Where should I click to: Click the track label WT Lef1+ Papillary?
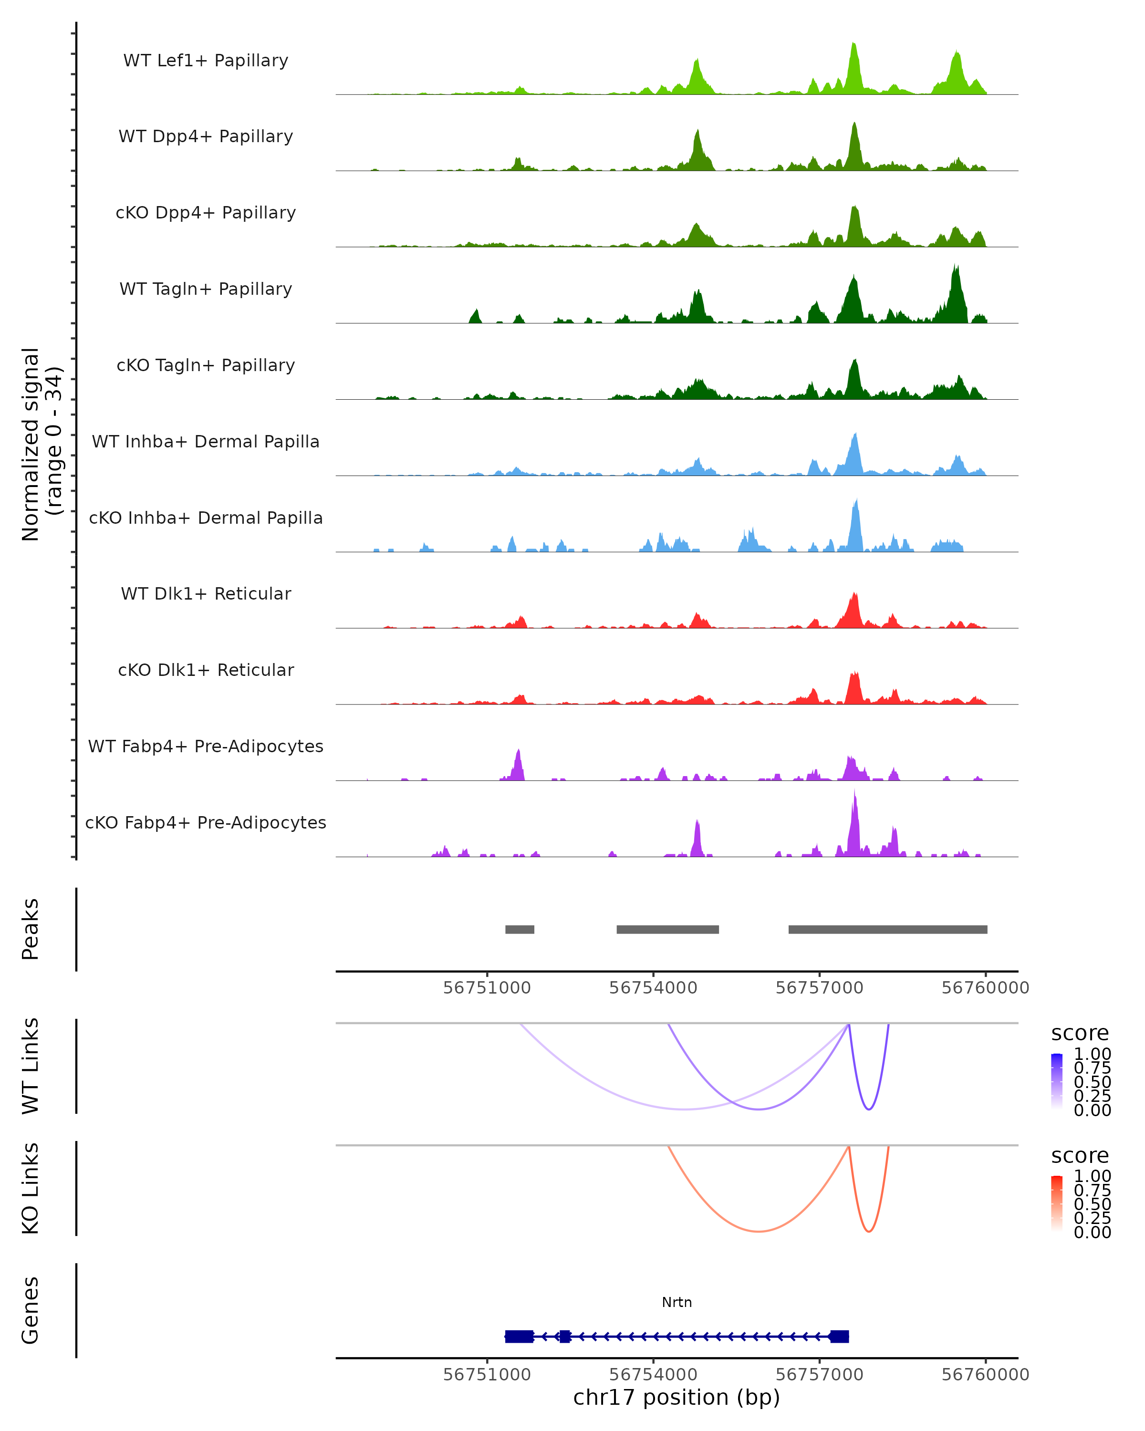206,61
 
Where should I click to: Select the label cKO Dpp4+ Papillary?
206,212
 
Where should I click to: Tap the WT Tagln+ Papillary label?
206,289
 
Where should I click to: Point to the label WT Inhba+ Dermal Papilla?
206,441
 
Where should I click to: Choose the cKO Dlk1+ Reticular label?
206,670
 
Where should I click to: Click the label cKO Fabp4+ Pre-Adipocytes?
206,822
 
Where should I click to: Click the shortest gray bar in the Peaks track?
520,929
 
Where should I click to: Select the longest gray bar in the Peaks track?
887,929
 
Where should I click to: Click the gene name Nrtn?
677,1302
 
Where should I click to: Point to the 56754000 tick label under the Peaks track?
653,988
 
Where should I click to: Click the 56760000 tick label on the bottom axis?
985,1374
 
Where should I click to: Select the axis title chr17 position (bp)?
677,1397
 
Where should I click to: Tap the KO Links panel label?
31,1188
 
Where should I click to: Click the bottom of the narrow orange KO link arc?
869,1231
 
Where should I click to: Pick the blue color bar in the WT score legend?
1057,1082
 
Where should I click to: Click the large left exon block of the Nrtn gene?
519,1336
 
